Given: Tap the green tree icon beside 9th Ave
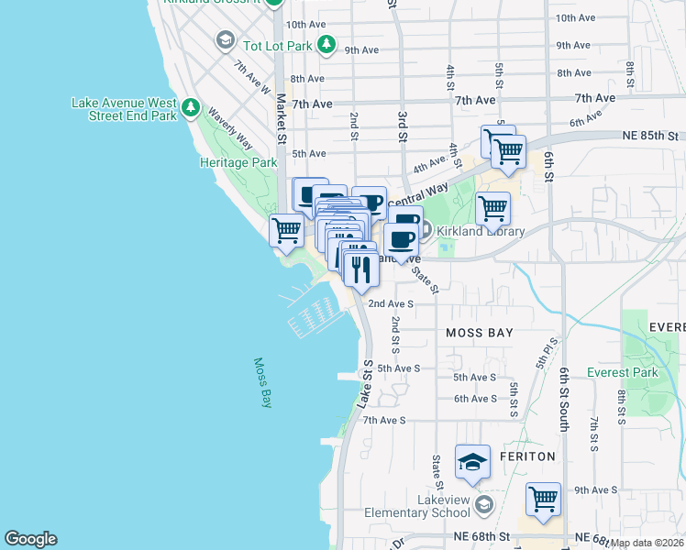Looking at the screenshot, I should [x=326, y=43].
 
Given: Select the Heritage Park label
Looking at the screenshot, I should [x=238, y=162].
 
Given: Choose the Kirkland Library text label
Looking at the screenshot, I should [x=481, y=231].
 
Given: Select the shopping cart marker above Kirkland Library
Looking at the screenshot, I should [x=492, y=208].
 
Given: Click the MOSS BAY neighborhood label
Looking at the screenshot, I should [x=480, y=333].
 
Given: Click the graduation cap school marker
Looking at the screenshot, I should [x=471, y=462].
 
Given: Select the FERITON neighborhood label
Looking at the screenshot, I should [x=527, y=456].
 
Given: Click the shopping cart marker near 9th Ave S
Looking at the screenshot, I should [x=543, y=500].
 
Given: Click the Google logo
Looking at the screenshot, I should [x=30, y=539].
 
